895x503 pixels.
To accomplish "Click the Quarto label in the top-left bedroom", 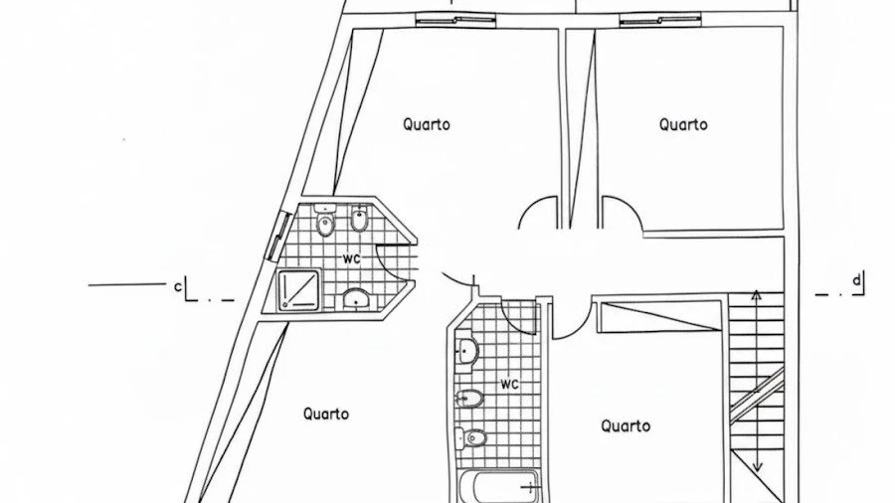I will pos(427,124).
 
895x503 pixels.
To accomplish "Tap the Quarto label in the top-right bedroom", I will pos(683,124).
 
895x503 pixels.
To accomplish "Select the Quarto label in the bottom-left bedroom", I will pos(326,414).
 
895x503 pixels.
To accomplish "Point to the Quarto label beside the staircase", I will pos(626,425).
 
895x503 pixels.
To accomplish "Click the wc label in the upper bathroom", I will pos(351,258).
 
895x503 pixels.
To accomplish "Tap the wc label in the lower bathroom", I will pos(509,384).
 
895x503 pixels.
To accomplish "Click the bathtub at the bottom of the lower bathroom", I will pos(501,487).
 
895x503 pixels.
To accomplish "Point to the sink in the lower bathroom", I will pos(467,350).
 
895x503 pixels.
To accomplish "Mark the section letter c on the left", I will pos(178,287).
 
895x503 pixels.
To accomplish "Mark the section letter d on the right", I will pos(856,281).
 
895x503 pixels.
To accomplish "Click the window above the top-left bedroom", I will pos(454,18).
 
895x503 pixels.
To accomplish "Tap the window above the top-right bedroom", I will pos(659,18).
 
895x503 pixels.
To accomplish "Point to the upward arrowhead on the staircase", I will pos(756,294).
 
